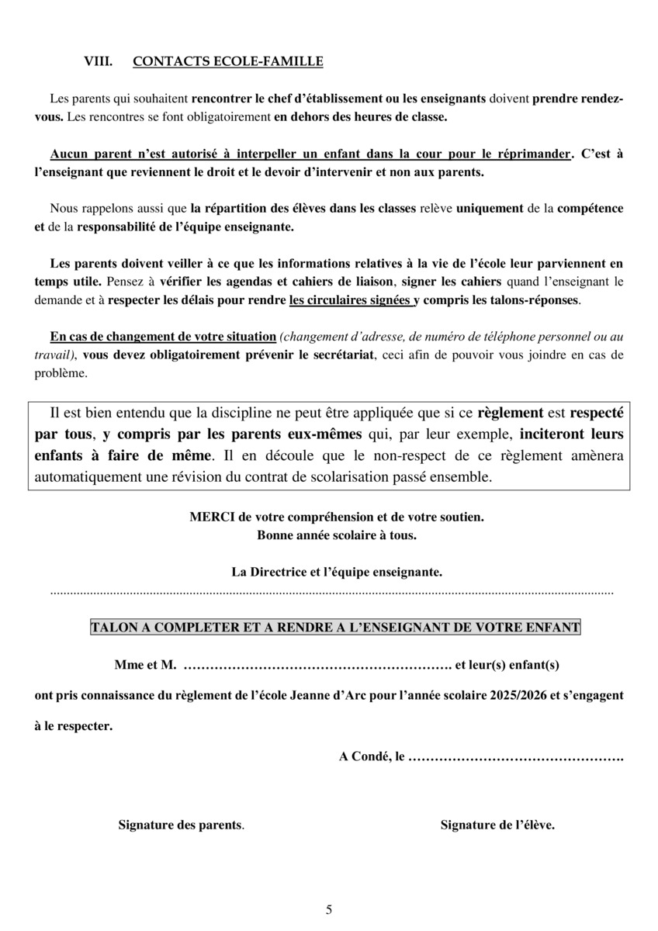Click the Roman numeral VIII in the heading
click(99, 61)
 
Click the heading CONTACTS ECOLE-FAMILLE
click(228, 61)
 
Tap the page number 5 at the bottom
click(329, 909)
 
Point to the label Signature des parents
click(181, 825)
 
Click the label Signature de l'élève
click(497, 825)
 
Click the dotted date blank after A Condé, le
click(515, 755)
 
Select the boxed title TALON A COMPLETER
click(335, 627)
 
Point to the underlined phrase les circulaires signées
click(350, 299)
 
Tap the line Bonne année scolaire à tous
click(336, 535)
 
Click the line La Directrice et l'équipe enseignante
click(337, 572)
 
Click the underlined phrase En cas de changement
click(116, 337)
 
